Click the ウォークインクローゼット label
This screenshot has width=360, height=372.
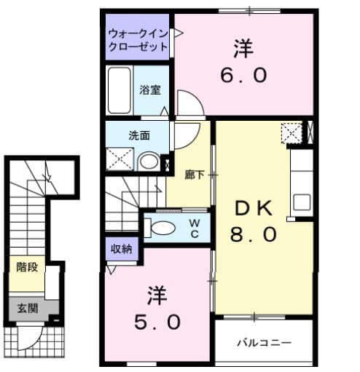point(138,41)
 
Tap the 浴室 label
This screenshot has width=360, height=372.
point(150,91)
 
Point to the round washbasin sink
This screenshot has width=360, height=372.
point(149,161)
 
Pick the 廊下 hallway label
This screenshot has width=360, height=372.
point(195,175)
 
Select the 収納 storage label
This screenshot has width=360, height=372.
point(121,250)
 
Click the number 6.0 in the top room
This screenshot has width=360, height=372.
point(243,75)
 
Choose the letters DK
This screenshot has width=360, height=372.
point(254,209)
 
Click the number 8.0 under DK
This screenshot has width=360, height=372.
point(254,234)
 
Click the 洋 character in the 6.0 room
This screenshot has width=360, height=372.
point(243,50)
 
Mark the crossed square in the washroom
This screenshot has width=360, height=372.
point(120,159)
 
